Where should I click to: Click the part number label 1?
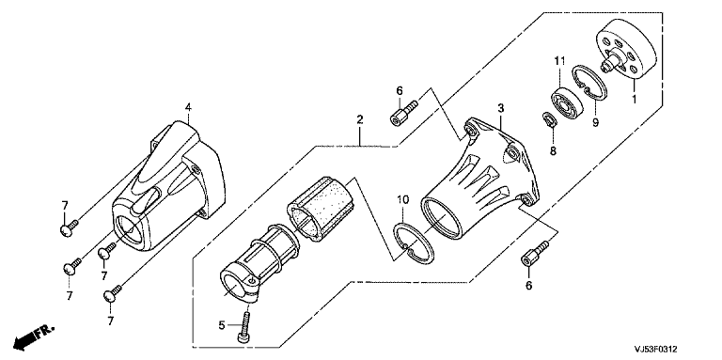634,99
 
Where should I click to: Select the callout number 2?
360,119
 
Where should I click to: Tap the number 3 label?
500,108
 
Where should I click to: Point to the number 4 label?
188,107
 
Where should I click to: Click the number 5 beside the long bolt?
222,325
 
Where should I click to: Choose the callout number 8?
553,150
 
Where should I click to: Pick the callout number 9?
595,123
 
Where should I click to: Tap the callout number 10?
403,200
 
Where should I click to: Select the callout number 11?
559,60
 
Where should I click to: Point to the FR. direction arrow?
35,337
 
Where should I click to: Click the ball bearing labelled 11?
567,102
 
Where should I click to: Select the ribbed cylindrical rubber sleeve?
321,206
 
